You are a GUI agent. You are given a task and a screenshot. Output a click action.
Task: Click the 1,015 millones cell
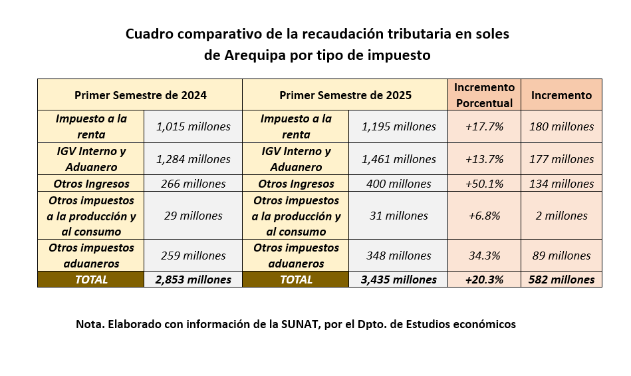[193, 126]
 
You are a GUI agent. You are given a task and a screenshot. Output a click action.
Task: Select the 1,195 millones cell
[398, 126]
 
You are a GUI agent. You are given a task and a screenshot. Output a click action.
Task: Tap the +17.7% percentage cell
[484, 126]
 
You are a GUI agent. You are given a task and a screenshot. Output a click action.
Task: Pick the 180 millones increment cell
[561, 126]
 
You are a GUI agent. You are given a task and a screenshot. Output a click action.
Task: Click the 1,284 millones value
[193, 159]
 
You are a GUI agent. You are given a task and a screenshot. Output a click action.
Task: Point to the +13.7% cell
[484, 159]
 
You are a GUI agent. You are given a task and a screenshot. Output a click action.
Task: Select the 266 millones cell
[193, 184]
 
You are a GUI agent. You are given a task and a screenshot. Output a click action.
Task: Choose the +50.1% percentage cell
[484, 184]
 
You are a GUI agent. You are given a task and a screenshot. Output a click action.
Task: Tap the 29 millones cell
[193, 216]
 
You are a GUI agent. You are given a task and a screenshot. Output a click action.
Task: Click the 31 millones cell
[398, 216]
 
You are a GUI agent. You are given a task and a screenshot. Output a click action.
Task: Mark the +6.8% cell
[484, 216]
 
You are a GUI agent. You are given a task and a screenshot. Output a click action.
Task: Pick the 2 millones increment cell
[561, 216]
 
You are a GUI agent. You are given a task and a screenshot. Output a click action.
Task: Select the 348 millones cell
[398, 256]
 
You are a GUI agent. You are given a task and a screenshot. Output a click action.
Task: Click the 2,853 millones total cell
[193, 280]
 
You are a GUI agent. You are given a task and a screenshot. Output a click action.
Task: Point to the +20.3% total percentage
[484, 280]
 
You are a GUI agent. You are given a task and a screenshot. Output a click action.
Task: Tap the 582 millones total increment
[561, 280]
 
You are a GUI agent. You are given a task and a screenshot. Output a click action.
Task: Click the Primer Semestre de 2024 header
[140, 95]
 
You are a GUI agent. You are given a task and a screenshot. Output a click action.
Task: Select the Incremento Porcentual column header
[484, 95]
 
